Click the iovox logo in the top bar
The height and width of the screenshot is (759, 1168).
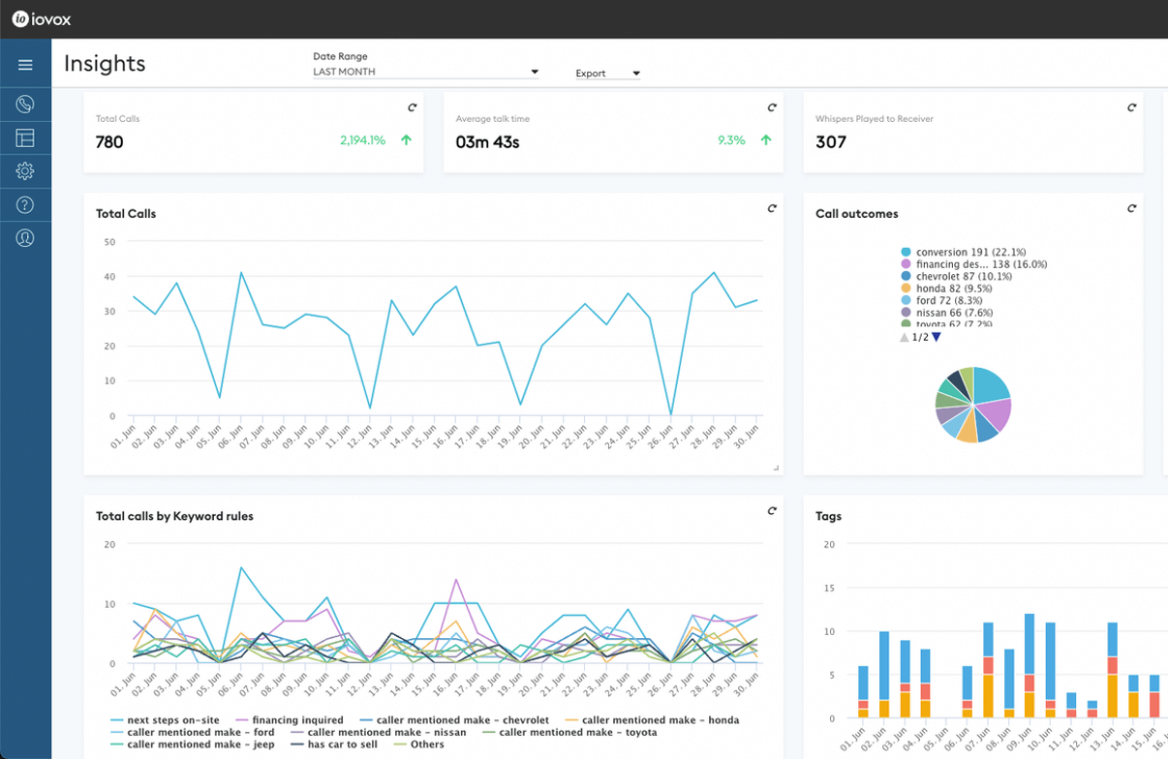pyautogui.click(x=42, y=19)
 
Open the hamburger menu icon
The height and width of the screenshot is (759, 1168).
pyautogui.click(x=25, y=65)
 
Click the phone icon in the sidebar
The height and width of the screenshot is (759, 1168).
pyautogui.click(x=25, y=104)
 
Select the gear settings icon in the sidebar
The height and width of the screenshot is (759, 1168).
pyautogui.click(x=25, y=171)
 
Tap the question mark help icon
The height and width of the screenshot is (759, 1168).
pyautogui.click(x=25, y=205)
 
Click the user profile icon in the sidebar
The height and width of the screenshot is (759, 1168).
pyautogui.click(x=25, y=238)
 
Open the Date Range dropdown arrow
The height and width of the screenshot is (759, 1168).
pyautogui.click(x=535, y=73)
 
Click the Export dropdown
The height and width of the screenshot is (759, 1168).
pyautogui.click(x=607, y=74)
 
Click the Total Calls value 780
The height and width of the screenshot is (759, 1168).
pyautogui.click(x=109, y=142)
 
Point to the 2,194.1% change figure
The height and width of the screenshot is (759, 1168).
pyautogui.click(x=362, y=140)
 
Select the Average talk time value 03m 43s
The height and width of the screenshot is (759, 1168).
pyautogui.click(x=487, y=142)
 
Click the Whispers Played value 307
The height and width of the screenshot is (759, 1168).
pyautogui.click(x=831, y=142)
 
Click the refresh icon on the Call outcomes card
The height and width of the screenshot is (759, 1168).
pyautogui.click(x=1131, y=208)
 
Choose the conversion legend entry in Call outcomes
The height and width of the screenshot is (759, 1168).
pyautogui.click(x=963, y=252)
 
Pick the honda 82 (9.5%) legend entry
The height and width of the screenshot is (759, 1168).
pyautogui.click(x=953, y=288)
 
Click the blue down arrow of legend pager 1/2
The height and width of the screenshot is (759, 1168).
pyautogui.click(x=937, y=337)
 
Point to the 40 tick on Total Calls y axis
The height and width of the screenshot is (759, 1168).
pyautogui.click(x=109, y=277)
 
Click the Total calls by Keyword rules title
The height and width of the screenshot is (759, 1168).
pyautogui.click(x=174, y=516)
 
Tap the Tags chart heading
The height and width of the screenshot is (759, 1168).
pyautogui.click(x=828, y=516)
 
